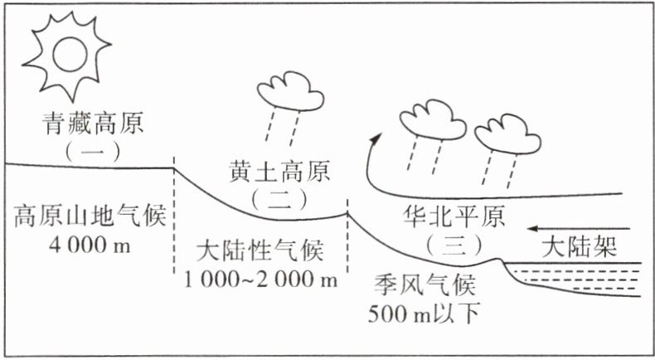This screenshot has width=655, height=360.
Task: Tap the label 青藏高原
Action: (94, 124)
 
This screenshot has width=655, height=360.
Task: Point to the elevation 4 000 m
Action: (90, 246)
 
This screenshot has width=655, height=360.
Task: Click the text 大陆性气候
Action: (262, 249)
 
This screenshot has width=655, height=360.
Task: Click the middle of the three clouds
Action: (433, 121)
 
